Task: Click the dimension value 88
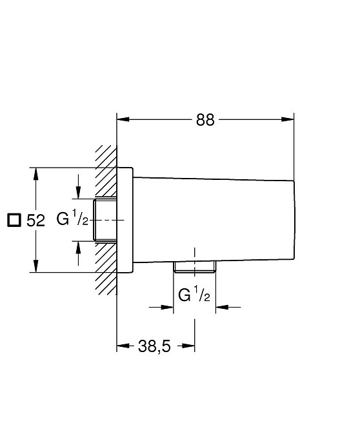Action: [x=205, y=120]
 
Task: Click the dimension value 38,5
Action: [x=154, y=346]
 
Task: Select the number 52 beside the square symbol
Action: [x=35, y=221]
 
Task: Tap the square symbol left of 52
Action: [x=14, y=220]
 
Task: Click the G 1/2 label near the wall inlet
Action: [x=72, y=218]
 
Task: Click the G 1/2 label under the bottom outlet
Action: [x=194, y=294]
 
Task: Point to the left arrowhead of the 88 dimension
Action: [x=123, y=119]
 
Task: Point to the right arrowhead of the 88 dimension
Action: [x=288, y=119]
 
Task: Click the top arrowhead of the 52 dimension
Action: [x=35, y=174]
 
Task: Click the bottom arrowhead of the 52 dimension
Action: [x=35, y=266]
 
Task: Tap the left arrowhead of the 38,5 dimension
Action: [x=123, y=346]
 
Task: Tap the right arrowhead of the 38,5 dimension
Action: [x=188, y=346]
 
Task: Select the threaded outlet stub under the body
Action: [x=195, y=267]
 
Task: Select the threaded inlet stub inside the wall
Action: [x=105, y=220]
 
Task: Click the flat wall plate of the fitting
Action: [x=125, y=220]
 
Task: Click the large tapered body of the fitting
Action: [x=214, y=220]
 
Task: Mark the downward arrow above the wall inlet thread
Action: [x=79, y=186]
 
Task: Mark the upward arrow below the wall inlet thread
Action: [x=79, y=253]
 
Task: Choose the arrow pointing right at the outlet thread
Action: [x=161, y=307]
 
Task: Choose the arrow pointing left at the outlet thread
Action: [x=228, y=307]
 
